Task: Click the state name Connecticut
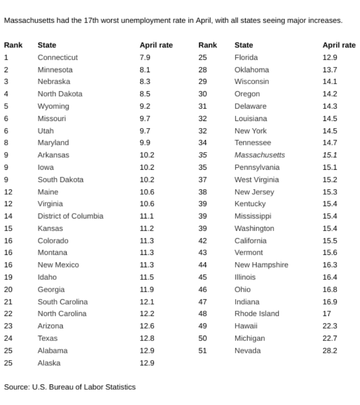point(57,57)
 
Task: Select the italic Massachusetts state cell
point(259,155)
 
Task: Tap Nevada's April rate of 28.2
point(330,350)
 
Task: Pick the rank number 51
point(202,350)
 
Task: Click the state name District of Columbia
point(70,216)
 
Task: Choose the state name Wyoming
point(53,106)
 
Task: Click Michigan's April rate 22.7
point(330,338)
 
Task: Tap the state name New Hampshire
point(261,265)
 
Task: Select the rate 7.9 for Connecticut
point(145,57)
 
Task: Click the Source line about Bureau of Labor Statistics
point(70,387)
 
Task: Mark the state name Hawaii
point(246,326)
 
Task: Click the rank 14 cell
point(8,216)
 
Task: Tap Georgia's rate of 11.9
point(146,289)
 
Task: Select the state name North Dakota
point(60,94)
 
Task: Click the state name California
point(250,241)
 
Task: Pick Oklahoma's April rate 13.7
point(330,69)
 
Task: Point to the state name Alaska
point(49,363)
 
